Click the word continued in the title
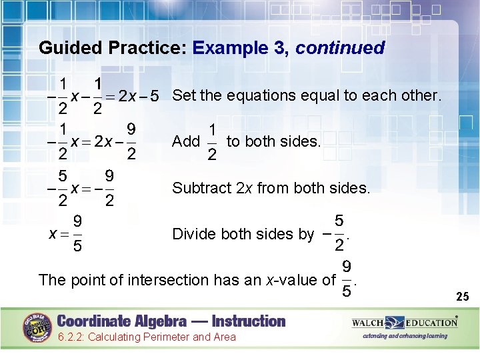pyautogui.click(x=340, y=48)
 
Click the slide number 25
pyautogui.click(x=462, y=295)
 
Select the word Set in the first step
pyautogui.click(x=184, y=95)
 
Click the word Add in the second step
pyautogui.click(x=185, y=141)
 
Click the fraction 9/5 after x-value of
pyautogui.click(x=347, y=279)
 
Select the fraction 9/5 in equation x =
pyautogui.click(x=77, y=234)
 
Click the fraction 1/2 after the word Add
pyautogui.click(x=212, y=142)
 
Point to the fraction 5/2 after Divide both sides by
pyautogui.click(x=338, y=234)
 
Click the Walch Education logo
pyautogui.click(x=405, y=323)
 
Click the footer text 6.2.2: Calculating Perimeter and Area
pyautogui.click(x=146, y=337)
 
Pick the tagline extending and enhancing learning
pyautogui.click(x=405, y=336)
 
